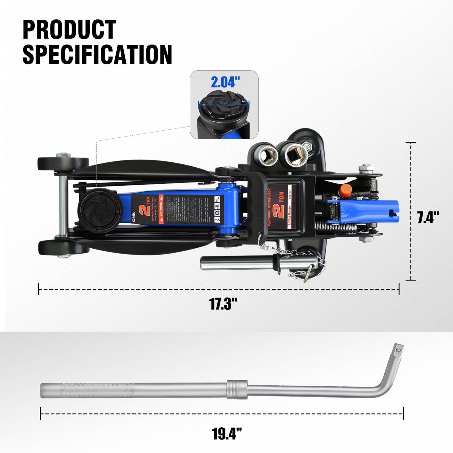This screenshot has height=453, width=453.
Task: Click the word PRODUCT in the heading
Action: point(69,29)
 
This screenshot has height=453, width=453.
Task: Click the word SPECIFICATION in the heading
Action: point(97,54)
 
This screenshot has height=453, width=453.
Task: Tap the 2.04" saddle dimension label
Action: point(225,82)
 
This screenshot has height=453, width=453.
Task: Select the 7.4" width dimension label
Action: point(428,217)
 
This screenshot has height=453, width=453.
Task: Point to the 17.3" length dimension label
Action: point(223,303)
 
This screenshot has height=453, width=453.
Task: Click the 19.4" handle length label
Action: point(227,434)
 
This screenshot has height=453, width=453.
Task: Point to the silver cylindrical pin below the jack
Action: point(238,263)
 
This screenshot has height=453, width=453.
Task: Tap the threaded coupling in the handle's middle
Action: point(237,390)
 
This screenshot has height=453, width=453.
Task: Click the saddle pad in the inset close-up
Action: point(224,104)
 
